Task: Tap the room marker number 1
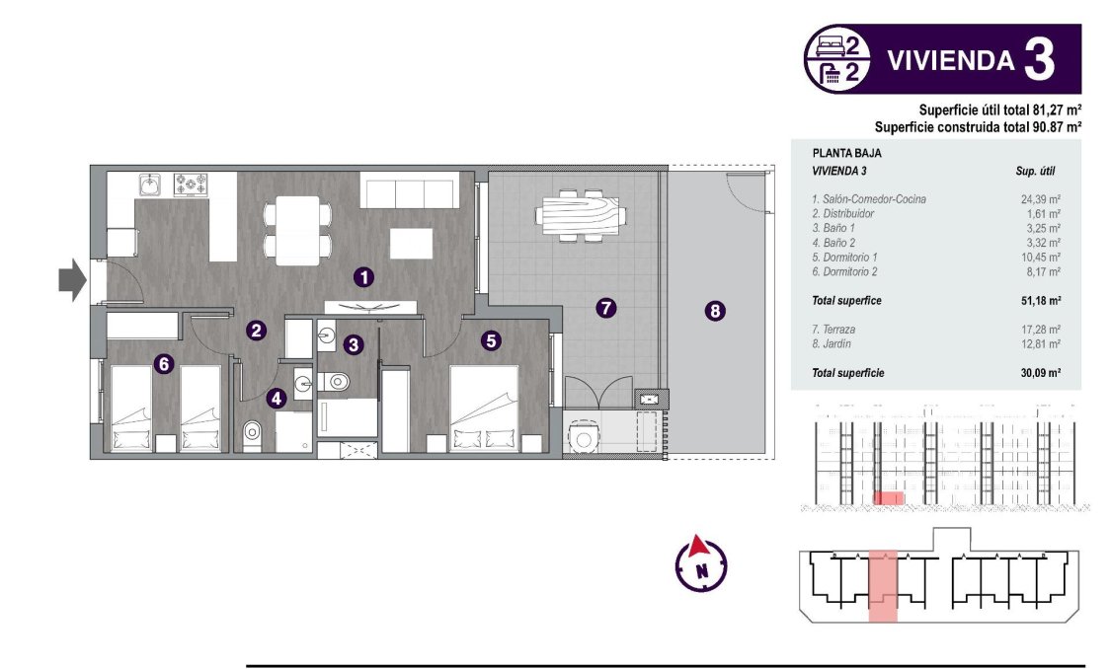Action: [364, 277]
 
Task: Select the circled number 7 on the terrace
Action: [606, 308]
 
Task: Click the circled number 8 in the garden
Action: [715, 311]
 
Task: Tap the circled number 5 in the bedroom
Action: [491, 340]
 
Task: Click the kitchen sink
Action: [150, 185]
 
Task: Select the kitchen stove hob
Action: [191, 184]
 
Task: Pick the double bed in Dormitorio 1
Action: [484, 409]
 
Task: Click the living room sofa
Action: [409, 189]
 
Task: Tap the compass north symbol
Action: [700, 563]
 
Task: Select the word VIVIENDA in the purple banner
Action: [950, 61]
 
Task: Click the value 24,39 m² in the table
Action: [1040, 199]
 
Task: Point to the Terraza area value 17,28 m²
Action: [1040, 330]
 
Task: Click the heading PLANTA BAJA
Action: [846, 154]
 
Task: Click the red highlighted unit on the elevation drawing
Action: [890, 498]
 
